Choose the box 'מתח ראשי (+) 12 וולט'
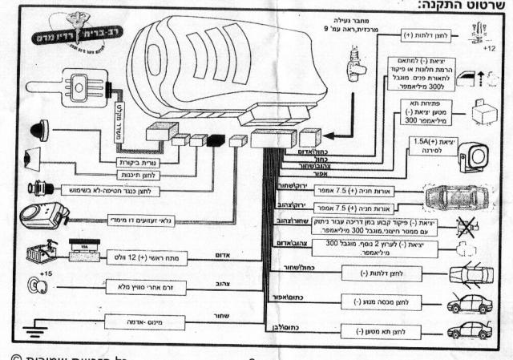[140, 257]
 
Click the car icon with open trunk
[470, 330]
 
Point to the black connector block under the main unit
[216, 140]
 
